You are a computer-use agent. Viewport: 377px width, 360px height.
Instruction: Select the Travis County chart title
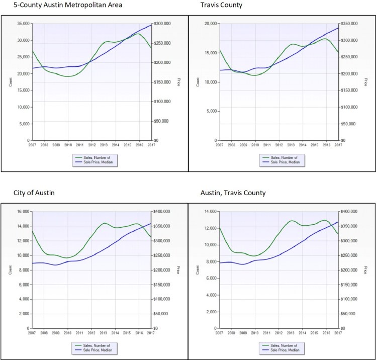[x=221, y=5]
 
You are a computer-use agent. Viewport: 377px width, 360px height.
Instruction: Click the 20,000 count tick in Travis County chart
[x=210, y=24]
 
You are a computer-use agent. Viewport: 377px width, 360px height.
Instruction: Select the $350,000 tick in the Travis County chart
[x=348, y=24]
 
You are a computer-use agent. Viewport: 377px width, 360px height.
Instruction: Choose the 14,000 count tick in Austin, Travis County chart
[x=210, y=211]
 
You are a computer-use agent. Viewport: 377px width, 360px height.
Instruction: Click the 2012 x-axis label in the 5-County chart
[x=91, y=145]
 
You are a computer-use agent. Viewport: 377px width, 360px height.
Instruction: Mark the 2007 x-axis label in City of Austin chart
[x=32, y=332]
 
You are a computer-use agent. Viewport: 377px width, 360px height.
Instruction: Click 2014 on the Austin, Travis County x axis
[x=303, y=332]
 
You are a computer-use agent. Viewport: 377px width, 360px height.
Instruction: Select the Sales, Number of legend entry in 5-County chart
[x=98, y=157]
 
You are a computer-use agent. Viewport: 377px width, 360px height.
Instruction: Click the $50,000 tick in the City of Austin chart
[x=161, y=313]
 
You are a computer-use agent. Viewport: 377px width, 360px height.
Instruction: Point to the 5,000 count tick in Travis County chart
[x=211, y=111]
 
